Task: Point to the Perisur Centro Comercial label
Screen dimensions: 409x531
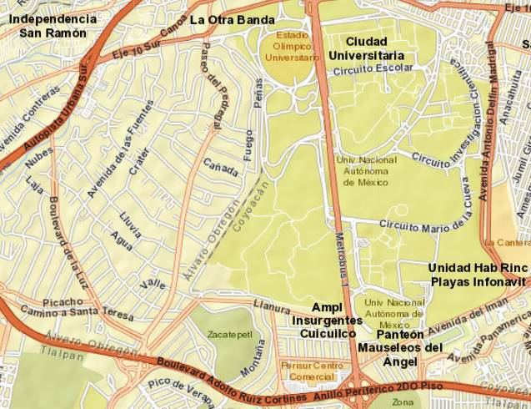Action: pyautogui.click(x=313, y=370)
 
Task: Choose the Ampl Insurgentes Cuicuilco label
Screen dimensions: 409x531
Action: pyautogui.click(x=328, y=320)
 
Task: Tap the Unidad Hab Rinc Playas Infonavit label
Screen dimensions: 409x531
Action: pyautogui.click(x=478, y=275)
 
